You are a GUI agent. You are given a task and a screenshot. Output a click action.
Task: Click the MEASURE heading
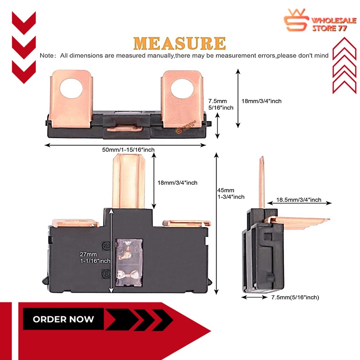[x=180, y=43]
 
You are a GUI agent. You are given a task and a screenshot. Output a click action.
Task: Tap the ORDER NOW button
[x=63, y=319]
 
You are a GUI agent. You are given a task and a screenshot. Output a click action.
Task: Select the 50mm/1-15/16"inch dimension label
[x=128, y=150]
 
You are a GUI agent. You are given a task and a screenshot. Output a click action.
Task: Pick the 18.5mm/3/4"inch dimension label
[x=298, y=200]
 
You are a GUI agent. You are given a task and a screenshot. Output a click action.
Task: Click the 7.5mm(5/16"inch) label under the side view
[x=295, y=297]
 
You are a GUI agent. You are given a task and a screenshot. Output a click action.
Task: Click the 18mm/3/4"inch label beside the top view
[x=261, y=101]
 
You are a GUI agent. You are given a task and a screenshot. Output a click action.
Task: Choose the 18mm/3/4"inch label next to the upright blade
[x=177, y=182]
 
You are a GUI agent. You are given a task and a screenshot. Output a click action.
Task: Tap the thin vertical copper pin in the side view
[x=261, y=183]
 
